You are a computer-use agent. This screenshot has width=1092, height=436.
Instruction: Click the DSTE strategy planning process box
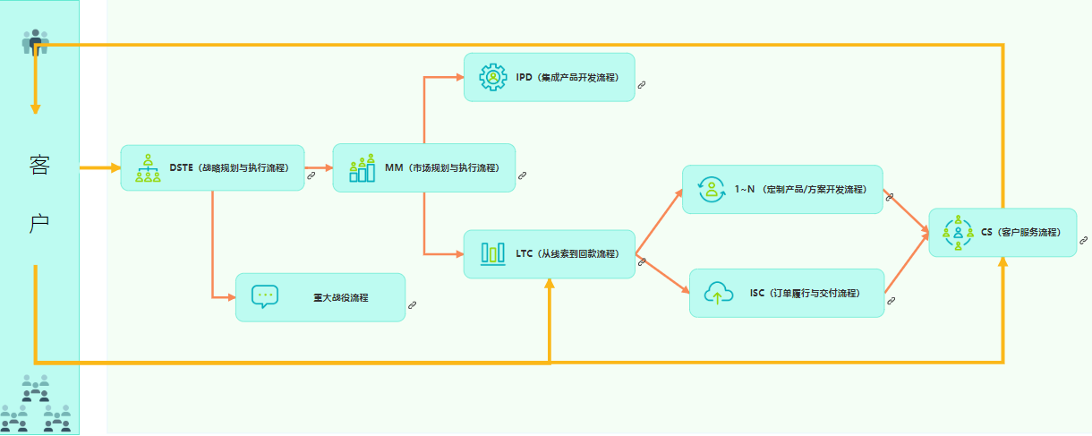(212, 167)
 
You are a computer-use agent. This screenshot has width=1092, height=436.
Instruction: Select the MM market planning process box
(423, 167)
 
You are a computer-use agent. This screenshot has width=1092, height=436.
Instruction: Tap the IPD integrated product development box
(549, 77)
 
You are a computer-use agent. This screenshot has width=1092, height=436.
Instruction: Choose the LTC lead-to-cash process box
(549, 253)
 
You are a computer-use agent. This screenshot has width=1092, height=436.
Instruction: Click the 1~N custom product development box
(782, 189)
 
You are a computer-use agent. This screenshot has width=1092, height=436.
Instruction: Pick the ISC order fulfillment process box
(786, 293)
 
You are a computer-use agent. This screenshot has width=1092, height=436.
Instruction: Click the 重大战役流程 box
(320, 297)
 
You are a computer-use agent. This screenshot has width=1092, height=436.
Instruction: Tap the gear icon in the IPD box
(493, 77)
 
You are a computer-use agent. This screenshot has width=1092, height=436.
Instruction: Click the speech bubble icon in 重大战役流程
(265, 296)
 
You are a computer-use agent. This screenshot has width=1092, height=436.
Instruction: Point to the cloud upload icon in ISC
(718, 293)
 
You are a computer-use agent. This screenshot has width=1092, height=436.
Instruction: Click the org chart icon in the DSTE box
(148, 167)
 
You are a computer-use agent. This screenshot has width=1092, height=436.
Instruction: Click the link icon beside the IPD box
(642, 84)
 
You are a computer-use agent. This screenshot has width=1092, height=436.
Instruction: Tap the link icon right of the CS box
(1083, 240)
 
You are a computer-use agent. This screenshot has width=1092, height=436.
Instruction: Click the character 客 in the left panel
(39, 167)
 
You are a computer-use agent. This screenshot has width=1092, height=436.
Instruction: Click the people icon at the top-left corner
(35, 41)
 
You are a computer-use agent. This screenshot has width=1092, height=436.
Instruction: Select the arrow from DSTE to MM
(318, 167)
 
